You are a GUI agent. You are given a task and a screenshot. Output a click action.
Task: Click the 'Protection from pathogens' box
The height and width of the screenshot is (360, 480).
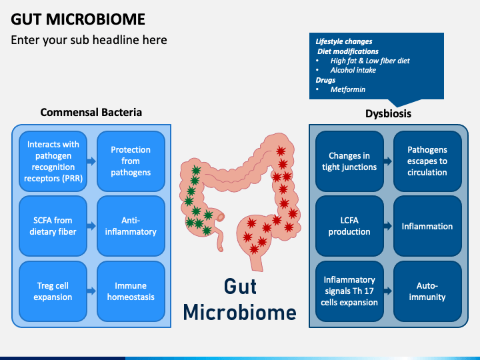click(131, 161)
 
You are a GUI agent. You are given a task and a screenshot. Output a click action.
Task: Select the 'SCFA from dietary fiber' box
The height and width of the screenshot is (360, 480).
click(53, 226)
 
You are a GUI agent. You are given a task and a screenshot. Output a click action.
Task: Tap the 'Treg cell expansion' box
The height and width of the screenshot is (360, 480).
click(53, 291)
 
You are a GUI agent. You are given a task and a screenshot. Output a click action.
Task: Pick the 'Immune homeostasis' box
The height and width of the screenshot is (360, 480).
click(131, 291)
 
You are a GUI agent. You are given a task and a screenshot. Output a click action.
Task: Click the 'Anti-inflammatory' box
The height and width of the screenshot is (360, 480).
click(131, 226)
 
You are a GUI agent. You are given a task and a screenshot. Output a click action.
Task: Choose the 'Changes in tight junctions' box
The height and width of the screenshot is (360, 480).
click(349, 161)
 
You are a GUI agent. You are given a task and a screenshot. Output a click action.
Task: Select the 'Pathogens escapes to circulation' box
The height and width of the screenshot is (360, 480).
click(427, 161)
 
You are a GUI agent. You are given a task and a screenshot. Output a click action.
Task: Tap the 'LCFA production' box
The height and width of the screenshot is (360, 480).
click(349, 226)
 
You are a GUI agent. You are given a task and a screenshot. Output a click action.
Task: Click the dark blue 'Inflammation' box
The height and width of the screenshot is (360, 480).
click(427, 226)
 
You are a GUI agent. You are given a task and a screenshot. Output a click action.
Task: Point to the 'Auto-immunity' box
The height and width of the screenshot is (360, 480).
click(427, 291)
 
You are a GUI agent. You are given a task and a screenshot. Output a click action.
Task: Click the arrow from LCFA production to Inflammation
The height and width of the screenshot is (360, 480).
click(388, 226)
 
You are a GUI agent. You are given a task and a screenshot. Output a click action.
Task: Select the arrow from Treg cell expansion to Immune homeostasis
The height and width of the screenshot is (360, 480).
click(91, 291)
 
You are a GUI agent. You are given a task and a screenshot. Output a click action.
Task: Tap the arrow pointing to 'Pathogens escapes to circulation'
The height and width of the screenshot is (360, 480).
click(388, 161)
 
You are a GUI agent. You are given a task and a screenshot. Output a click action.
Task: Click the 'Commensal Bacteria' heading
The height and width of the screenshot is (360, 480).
click(91, 113)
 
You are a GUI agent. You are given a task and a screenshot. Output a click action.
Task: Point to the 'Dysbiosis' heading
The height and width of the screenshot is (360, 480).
click(388, 113)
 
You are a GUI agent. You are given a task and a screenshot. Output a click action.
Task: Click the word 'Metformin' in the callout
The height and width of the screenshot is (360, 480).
click(348, 89)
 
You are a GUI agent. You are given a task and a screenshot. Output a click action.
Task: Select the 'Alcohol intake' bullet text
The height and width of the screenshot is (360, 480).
click(353, 70)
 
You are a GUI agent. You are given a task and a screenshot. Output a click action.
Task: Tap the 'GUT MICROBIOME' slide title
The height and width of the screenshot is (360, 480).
click(78, 19)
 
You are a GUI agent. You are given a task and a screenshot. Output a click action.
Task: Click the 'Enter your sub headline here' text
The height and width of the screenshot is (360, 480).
click(89, 40)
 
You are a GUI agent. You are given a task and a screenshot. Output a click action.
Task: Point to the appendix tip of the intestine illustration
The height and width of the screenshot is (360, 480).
click(221, 249)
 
